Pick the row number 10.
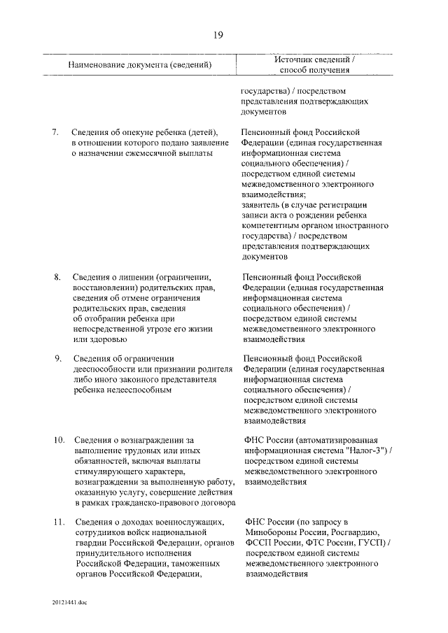(x=59, y=440)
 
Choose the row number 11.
(x=59, y=522)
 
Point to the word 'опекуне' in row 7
(x=141, y=131)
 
